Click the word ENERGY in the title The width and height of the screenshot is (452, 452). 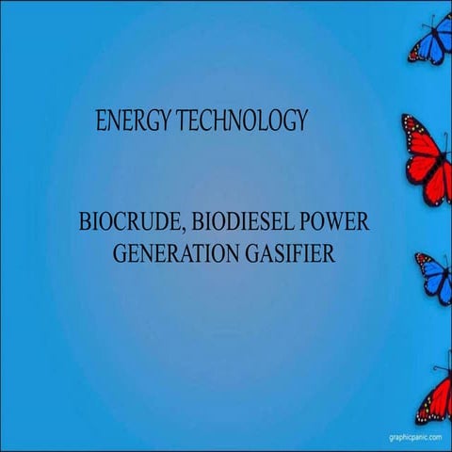[126, 121]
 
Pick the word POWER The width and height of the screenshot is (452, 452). [333, 225]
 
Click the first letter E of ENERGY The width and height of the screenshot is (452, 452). [101, 121]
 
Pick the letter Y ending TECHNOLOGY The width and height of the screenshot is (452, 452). [301, 121]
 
